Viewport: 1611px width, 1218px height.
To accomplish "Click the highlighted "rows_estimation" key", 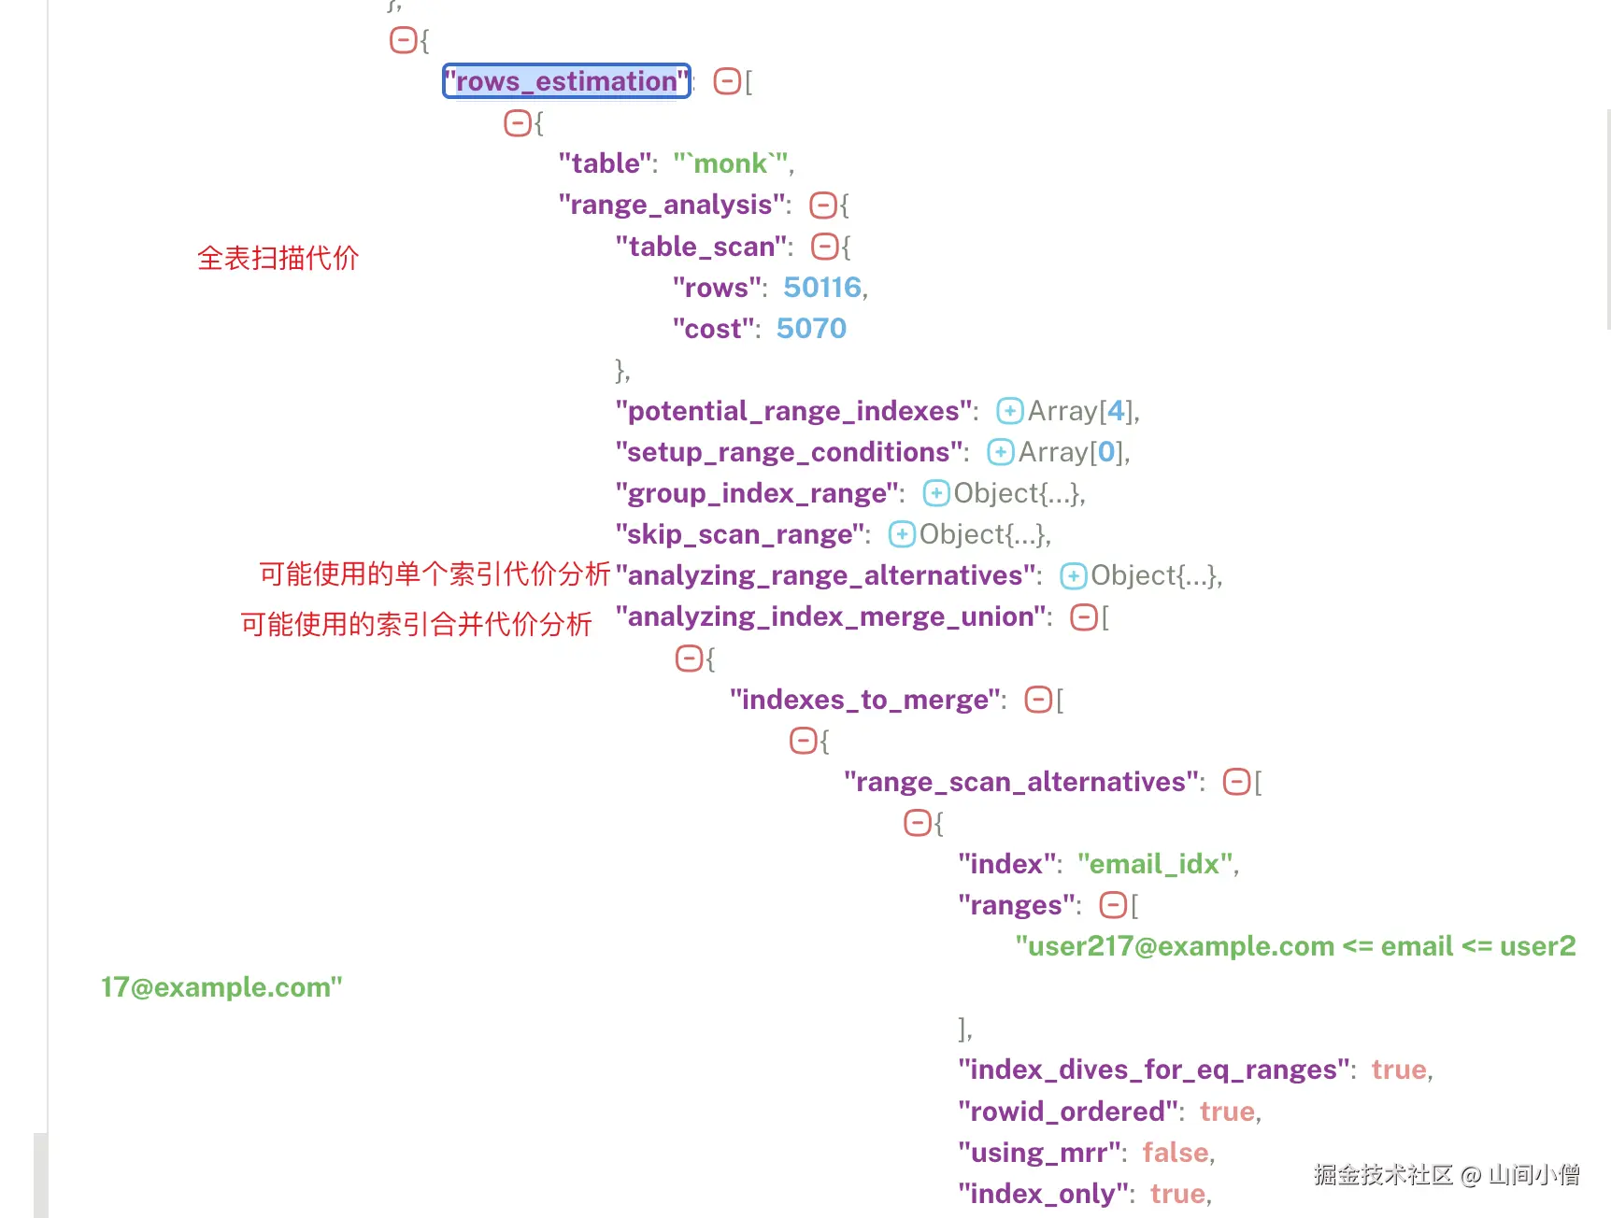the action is tap(566, 81).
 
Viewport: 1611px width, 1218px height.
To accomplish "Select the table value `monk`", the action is tap(731, 163).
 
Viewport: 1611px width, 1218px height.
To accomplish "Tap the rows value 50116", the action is tap(821, 287).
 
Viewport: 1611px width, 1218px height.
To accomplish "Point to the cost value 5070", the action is tap(811, 328).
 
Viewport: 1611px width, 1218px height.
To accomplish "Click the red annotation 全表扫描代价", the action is tap(278, 258).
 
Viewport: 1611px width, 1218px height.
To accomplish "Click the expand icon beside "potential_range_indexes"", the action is tap(1009, 411).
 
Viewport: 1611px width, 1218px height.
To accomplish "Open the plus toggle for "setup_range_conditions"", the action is tap(1000, 452).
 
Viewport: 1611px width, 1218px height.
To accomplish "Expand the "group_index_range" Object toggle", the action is tap(935, 493).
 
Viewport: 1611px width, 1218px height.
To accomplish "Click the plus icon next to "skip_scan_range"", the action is tap(901, 534).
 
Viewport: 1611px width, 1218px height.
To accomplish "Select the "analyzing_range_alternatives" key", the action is tap(827, 575).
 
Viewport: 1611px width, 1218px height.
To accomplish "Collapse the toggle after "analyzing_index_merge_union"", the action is tap(1083, 616).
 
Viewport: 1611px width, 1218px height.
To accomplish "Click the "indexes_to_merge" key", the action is tap(866, 700).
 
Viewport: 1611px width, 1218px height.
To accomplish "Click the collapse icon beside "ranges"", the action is tap(1112, 905).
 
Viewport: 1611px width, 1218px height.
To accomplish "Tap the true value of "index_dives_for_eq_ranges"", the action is tap(1398, 1069).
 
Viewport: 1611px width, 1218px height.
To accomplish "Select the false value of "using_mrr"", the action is tap(1176, 1153).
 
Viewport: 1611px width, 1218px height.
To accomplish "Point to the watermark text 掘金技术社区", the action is tap(1383, 1175).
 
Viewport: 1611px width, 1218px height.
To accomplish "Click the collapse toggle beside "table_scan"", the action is tap(824, 247).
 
